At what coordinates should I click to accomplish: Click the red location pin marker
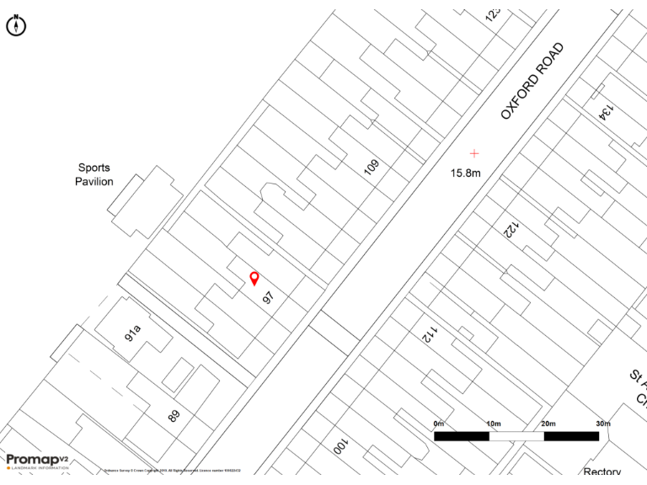click(x=254, y=278)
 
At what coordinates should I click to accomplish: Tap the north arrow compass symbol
click(x=16, y=25)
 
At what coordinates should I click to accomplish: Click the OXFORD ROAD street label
click(x=532, y=81)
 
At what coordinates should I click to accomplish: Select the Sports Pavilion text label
click(x=94, y=174)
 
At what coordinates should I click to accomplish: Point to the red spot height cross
click(x=474, y=153)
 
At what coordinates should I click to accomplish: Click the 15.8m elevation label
click(x=465, y=173)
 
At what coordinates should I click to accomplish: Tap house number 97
click(x=269, y=297)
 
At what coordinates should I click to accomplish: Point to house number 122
click(x=511, y=228)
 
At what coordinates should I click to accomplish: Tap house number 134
click(x=605, y=110)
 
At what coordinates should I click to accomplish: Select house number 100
click(x=340, y=445)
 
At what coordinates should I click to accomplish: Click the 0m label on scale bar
click(x=438, y=423)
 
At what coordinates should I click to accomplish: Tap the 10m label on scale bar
click(x=493, y=423)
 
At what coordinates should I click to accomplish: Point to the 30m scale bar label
click(x=602, y=423)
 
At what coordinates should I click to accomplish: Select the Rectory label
click(x=602, y=472)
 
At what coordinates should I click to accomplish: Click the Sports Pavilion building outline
click(x=144, y=202)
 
